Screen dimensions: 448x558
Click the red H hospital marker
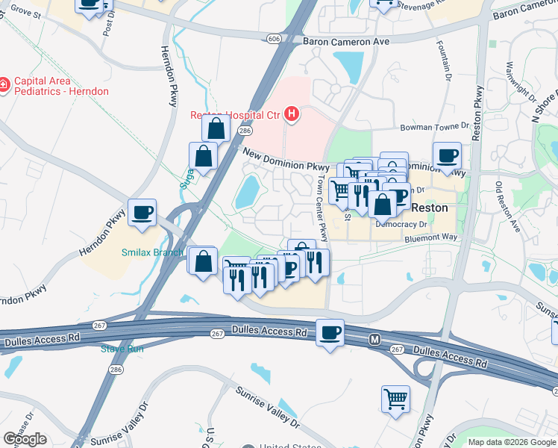pos(292,114)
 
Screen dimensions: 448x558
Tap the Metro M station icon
pos(376,340)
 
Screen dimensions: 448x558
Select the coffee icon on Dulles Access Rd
pos(330,333)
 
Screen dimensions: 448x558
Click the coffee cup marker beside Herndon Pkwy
pos(142,212)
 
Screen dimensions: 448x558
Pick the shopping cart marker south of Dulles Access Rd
pos(395,399)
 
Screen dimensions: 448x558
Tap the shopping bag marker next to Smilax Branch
pos(203,261)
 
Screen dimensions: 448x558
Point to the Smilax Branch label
pos(152,252)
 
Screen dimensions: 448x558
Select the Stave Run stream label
pos(123,348)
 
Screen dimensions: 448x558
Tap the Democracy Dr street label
pos(401,224)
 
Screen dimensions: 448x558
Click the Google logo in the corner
pos(25,439)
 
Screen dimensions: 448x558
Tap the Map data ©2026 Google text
pos(511,442)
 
